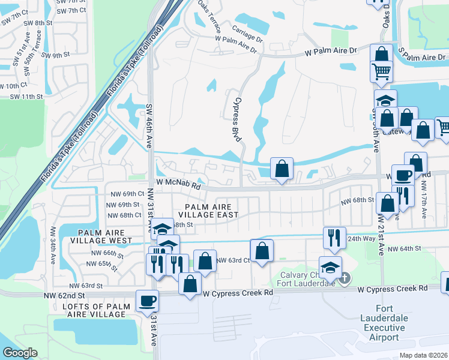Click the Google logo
[x=19, y=353]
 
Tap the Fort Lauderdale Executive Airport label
[x=384, y=326]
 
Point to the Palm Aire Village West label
[x=101, y=236]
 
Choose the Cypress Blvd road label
[x=238, y=119]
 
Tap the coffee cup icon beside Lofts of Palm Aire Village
[x=147, y=301]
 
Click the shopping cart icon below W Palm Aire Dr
[x=382, y=71]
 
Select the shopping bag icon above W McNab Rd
[x=282, y=169]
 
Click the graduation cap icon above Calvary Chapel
[x=330, y=267]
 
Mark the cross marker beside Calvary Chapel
[x=345, y=278]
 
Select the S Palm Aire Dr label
[x=423, y=57]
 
